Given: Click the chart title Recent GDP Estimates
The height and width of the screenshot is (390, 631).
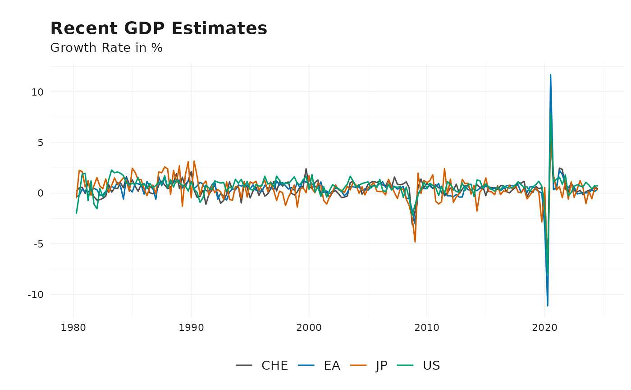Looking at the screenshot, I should (x=159, y=29).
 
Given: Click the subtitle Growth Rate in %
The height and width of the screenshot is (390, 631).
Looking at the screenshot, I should (x=106, y=48).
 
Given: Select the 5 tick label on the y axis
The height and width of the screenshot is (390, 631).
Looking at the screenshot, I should (x=40, y=142).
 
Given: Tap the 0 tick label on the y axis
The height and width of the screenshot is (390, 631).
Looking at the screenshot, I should (x=40, y=193).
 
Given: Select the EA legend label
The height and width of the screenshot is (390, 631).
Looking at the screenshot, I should (x=332, y=366).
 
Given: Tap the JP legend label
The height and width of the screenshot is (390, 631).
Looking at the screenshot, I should (x=381, y=366).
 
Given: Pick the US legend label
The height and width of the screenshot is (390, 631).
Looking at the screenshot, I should (x=431, y=366).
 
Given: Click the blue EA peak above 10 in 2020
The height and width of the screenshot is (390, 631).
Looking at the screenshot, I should (x=550, y=75).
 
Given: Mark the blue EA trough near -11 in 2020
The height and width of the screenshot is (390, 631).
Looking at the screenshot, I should (x=548, y=306).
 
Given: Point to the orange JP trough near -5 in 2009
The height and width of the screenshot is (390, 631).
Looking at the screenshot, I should (x=415, y=242).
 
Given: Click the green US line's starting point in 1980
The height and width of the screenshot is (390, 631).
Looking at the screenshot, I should (x=76, y=213).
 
